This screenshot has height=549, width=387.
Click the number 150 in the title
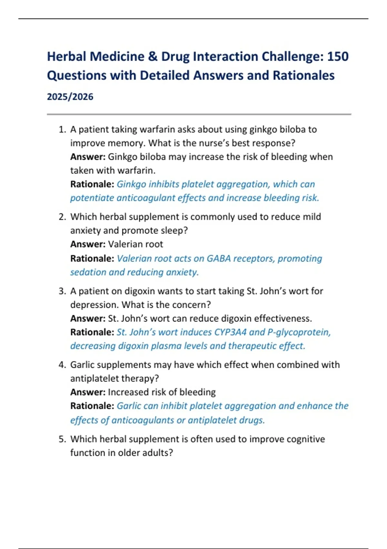(x=338, y=57)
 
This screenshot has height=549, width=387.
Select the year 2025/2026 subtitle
(x=70, y=97)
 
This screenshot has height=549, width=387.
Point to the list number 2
(x=62, y=217)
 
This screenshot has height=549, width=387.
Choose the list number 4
(x=62, y=365)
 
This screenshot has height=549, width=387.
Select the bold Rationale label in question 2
(x=92, y=259)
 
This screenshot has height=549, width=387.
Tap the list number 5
(x=62, y=439)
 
